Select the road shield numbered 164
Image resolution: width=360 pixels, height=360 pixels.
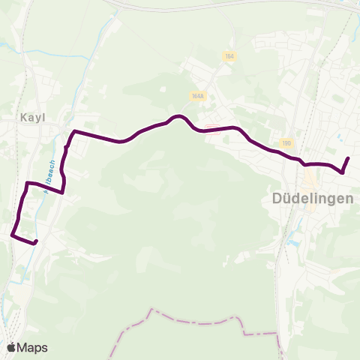229,56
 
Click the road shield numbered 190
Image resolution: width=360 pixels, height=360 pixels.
286,143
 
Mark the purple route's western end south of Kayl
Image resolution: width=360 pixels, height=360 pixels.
36,241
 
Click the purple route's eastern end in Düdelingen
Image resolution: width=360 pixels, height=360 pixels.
349,158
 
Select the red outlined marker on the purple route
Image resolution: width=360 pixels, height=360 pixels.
212,127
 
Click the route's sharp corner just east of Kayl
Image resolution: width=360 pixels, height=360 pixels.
73,132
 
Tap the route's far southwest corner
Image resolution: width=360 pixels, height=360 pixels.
13,235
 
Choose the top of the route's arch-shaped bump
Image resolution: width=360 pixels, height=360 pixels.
178,116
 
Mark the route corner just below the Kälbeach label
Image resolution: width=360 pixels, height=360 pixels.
61,192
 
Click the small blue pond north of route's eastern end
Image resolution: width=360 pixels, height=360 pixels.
340,136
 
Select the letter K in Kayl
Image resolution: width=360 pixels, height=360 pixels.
24,117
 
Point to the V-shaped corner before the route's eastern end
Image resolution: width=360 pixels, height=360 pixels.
343,173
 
